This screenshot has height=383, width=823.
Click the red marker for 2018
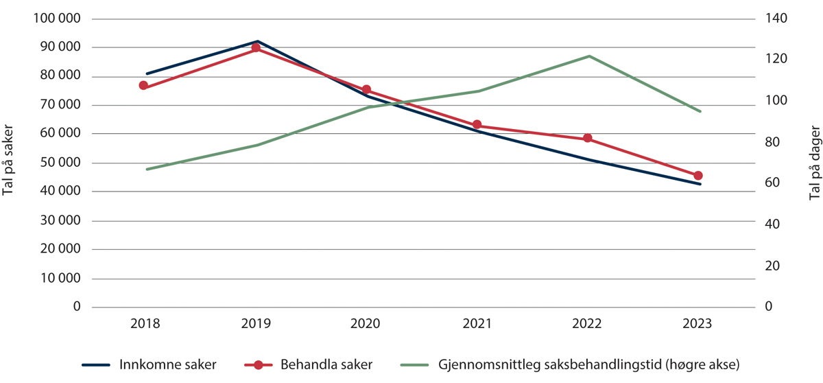pos(143,86)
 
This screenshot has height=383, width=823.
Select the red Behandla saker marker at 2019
pos(256,48)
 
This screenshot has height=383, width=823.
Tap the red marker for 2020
pos(366,90)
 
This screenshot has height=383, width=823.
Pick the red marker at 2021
pos(477,125)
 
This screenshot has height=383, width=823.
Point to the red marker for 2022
pos(588,139)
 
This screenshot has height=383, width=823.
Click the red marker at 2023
pos(698,176)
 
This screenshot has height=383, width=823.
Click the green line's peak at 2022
pos(589,56)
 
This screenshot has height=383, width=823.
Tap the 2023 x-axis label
pos(698,324)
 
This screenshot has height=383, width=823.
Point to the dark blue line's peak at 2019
pos(257,41)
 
